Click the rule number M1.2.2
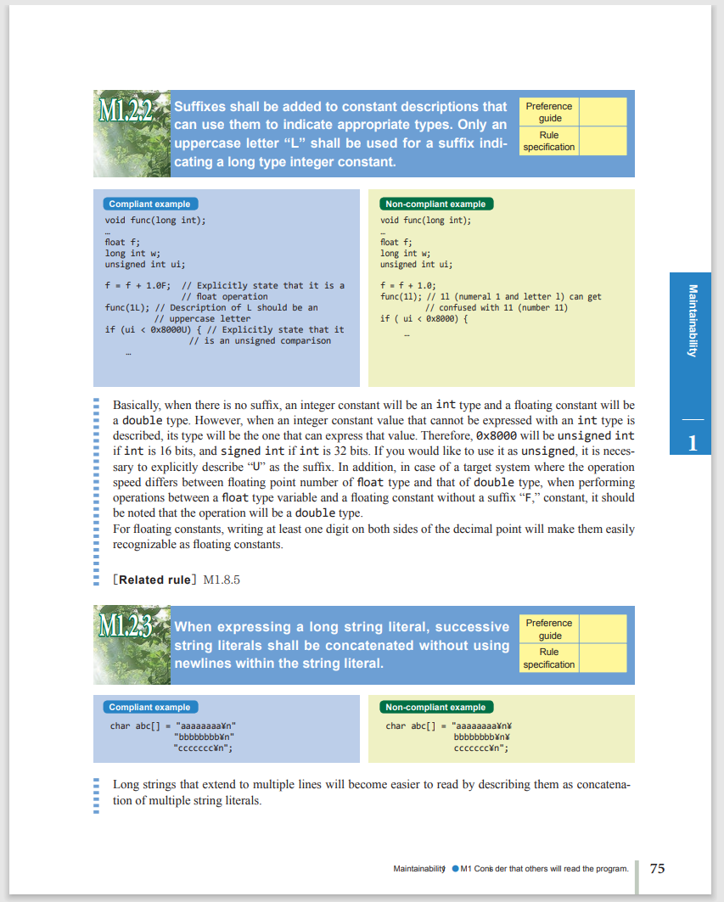tap(125, 110)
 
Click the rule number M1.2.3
tap(125, 627)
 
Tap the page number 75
tap(657, 868)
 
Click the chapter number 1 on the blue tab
tap(693, 442)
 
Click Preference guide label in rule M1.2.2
tap(549, 112)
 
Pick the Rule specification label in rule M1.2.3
tap(549, 658)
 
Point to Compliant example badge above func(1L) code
tap(149, 204)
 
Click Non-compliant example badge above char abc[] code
tap(435, 707)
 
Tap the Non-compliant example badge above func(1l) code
tap(435, 204)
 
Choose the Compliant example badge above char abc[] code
tap(149, 707)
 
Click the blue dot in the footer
tap(455, 869)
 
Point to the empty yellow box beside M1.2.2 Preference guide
tap(603, 112)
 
